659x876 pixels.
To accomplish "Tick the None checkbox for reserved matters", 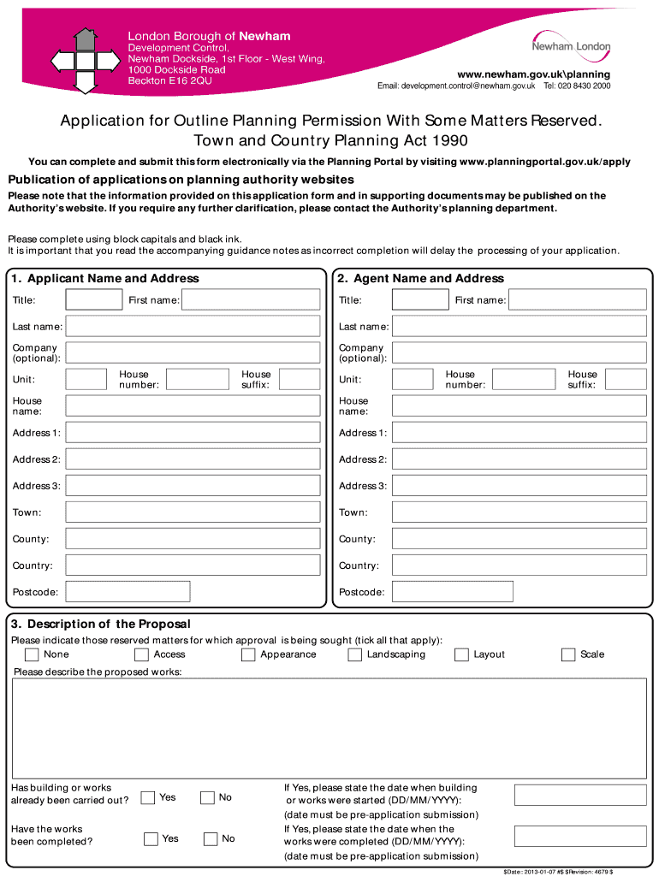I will pyautogui.click(x=32, y=655).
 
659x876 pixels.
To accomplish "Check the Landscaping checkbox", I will pyautogui.click(x=354, y=655).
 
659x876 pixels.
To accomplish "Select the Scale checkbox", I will pyautogui.click(x=568, y=655).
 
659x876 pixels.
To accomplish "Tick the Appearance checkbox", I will pyautogui.click(x=248, y=655).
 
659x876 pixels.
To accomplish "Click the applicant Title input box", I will pyautogui.click(x=94, y=299).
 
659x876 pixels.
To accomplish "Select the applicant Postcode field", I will pyautogui.click(x=128, y=592).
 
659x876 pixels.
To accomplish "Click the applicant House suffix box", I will pyautogui.click(x=300, y=379).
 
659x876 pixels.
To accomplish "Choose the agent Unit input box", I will pyautogui.click(x=413, y=379).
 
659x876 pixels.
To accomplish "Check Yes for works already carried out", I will pyautogui.click(x=148, y=797).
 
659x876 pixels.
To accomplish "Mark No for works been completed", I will pyautogui.click(x=211, y=838).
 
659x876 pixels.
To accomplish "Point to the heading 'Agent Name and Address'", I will pyautogui.click(x=429, y=279).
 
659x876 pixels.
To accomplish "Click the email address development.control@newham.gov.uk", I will pyautogui.click(x=456, y=86).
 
